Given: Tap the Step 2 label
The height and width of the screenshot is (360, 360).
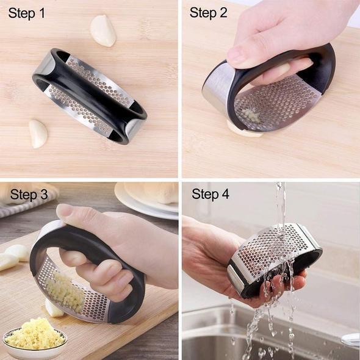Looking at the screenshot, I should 209,13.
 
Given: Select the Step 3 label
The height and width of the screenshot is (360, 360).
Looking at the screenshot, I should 29,195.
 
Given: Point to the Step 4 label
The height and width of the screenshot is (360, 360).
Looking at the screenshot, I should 211,195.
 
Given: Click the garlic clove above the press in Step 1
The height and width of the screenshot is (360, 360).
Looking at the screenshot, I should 104,31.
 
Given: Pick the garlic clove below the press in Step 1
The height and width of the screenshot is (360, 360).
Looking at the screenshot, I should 38,133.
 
